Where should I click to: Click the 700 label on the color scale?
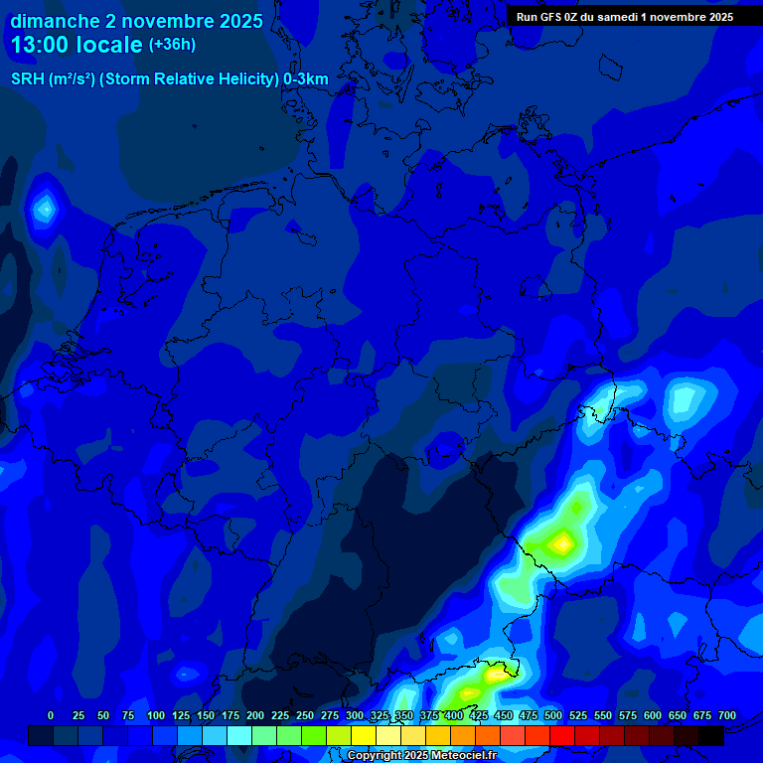727,715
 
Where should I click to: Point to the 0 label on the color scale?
51,715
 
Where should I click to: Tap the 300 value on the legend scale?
355,715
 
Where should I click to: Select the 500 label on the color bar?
553,715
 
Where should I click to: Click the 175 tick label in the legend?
230,715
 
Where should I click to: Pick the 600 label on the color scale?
653,715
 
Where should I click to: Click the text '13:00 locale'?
76,45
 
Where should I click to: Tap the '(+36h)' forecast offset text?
172,45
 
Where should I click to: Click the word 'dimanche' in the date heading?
55,21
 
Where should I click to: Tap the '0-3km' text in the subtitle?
306,79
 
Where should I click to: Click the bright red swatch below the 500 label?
562,736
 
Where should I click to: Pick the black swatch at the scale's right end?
711,736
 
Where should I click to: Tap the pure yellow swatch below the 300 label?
364,736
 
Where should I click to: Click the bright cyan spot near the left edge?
44,209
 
